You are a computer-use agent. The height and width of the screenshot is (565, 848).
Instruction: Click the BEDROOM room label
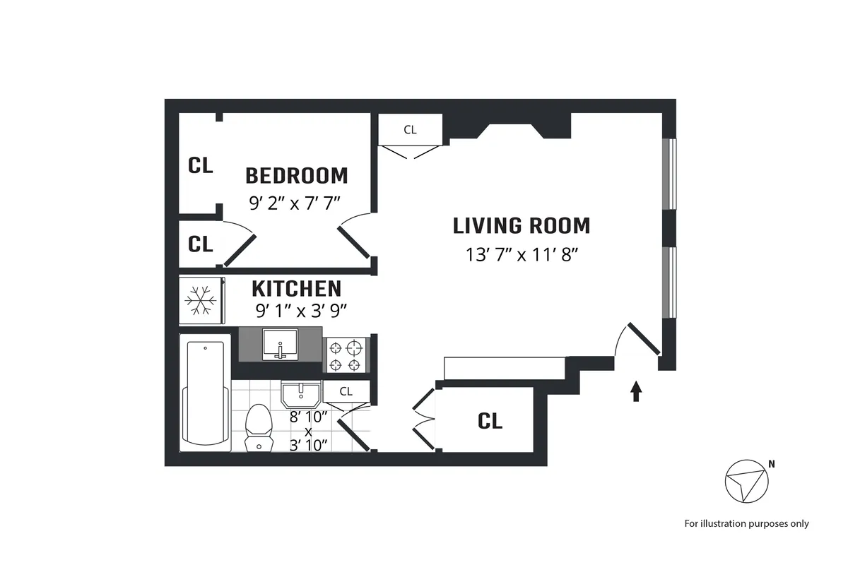tap(296, 175)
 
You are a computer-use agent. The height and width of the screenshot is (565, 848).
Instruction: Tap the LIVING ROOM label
tap(522, 226)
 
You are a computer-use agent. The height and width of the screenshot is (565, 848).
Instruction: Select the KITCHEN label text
tap(297, 289)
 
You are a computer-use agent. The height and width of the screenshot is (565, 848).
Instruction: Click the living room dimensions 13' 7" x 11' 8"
tap(522, 255)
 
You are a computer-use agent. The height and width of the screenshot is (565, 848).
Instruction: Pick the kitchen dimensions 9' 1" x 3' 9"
tap(300, 309)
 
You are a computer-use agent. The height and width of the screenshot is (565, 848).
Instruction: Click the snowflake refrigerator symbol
tap(201, 301)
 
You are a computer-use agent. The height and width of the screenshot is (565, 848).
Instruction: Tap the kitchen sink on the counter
tap(281, 345)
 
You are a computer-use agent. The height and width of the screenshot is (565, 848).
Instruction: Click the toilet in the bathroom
tap(258, 427)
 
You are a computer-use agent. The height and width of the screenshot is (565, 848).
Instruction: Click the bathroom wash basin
tap(302, 393)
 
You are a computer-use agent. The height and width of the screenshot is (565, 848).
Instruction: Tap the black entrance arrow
tap(636, 391)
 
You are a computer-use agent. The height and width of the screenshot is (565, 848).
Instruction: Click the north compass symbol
tap(746, 482)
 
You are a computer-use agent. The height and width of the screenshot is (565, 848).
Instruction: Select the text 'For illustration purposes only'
tap(746, 523)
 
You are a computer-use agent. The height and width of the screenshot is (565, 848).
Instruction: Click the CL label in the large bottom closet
tap(490, 421)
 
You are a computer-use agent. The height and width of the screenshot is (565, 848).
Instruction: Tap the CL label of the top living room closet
tap(410, 129)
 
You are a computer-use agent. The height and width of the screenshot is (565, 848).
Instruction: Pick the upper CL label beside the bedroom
tap(201, 165)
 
